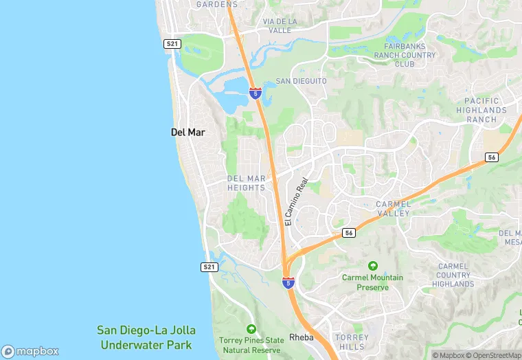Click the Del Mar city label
click(x=188, y=131)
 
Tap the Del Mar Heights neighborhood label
click(x=246, y=183)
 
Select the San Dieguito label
click(x=301, y=81)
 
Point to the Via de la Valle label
click(x=280, y=25)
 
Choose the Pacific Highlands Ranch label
click(x=481, y=110)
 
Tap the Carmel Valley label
click(x=394, y=209)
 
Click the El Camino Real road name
click(x=297, y=202)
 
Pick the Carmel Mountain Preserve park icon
click(x=373, y=265)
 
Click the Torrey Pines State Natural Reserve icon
click(x=251, y=329)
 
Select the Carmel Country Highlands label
click(x=453, y=275)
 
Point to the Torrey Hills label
click(x=352, y=342)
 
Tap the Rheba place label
click(x=302, y=337)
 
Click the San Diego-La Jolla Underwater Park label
click(x=145, y=337)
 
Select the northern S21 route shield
click(x=172, y=43)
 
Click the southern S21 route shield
click(x=209, y=267)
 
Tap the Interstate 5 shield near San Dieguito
click(x=255, y=93)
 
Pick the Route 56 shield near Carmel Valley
click(x=350, y=233)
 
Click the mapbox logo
click(x=30, y=350)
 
